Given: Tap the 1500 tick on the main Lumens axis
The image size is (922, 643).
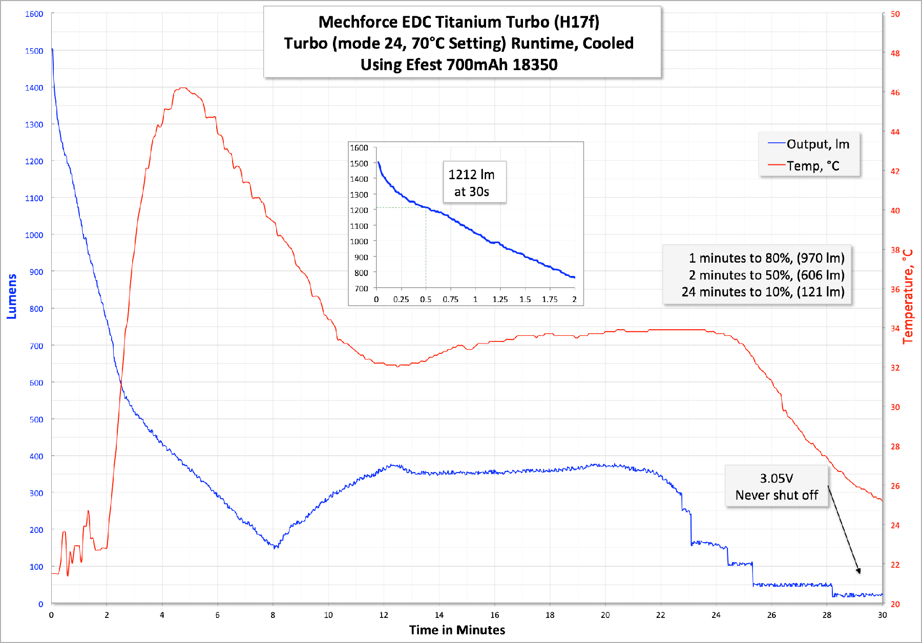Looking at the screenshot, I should coord(34,51).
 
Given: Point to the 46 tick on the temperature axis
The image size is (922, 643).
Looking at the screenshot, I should coord(895,93).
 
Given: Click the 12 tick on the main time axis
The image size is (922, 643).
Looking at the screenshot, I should coord(384,615).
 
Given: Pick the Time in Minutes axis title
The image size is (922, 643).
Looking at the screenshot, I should coord(457,630).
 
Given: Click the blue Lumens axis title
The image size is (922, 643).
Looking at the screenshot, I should coord(12,296).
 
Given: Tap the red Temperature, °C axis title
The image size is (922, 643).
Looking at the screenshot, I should coord(908,296).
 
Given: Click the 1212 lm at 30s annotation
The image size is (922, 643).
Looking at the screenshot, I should coord(472,183).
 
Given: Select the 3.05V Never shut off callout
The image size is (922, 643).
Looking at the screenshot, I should coord(776,486).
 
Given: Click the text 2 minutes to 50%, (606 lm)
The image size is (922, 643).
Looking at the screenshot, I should coord(766,275).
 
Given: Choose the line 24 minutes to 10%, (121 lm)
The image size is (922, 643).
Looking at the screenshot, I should coord(763,292).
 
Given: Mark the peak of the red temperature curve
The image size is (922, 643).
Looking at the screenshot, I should coord(183,88).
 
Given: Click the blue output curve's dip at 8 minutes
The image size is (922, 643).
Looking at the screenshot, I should coord(276,547).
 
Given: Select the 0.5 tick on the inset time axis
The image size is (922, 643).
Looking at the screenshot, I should coord(426,299).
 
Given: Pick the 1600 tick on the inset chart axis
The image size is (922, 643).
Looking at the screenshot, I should coord(359,148).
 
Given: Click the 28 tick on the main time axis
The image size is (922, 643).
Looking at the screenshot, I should coord(827,615).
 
